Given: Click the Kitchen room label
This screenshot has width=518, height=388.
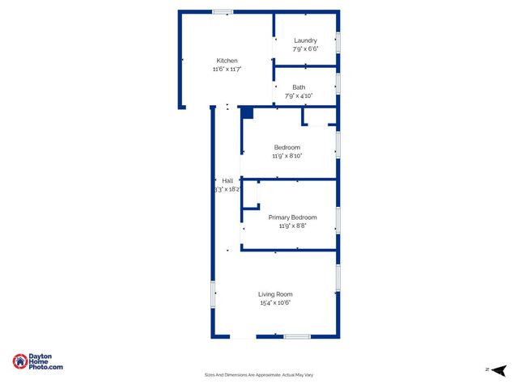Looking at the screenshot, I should (227, 61).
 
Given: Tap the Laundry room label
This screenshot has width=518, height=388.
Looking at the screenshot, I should (305, 40).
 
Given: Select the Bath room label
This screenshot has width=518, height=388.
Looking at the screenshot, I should (299, 87).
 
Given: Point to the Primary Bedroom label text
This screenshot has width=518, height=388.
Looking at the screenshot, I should (292, 217).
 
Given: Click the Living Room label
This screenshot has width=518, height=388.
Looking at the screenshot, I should (275, 294).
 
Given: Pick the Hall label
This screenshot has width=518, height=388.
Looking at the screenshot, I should (227, 180).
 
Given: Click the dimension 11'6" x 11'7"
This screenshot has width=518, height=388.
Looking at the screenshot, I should (227, 70).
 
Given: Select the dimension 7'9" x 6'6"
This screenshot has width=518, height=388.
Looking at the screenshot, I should (305, 49).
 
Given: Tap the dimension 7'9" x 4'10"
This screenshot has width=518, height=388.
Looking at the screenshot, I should (299, 96).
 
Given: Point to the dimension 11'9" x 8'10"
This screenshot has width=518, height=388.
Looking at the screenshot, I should (287, 156).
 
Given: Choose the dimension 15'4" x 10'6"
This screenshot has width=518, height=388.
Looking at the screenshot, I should (275, 303).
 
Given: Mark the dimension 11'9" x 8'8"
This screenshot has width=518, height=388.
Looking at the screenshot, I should (292, 226).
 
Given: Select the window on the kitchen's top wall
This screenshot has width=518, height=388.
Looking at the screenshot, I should (223, 12).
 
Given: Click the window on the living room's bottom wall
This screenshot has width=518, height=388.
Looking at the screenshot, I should (296, 336).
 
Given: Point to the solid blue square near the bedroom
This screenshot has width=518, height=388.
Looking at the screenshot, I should (248, 113).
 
